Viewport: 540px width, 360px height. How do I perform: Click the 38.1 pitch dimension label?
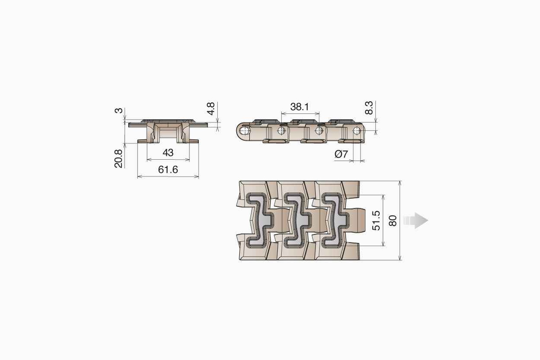click(299, 107)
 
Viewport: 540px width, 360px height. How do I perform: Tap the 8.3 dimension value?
click(369, 108)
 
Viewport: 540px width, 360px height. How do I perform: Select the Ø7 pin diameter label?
click(341, 154)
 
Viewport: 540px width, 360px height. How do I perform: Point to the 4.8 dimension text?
click(211, 108)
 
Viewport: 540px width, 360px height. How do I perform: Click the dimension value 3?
click(119, 111)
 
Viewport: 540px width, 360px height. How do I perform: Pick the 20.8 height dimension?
click(118, 159)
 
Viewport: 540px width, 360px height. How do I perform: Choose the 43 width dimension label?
click(168, 153)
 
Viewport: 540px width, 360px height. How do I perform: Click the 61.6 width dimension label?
click(168, 170)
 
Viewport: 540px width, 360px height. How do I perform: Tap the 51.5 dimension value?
click(376, 220)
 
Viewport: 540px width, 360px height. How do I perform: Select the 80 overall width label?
click(393, 220)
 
